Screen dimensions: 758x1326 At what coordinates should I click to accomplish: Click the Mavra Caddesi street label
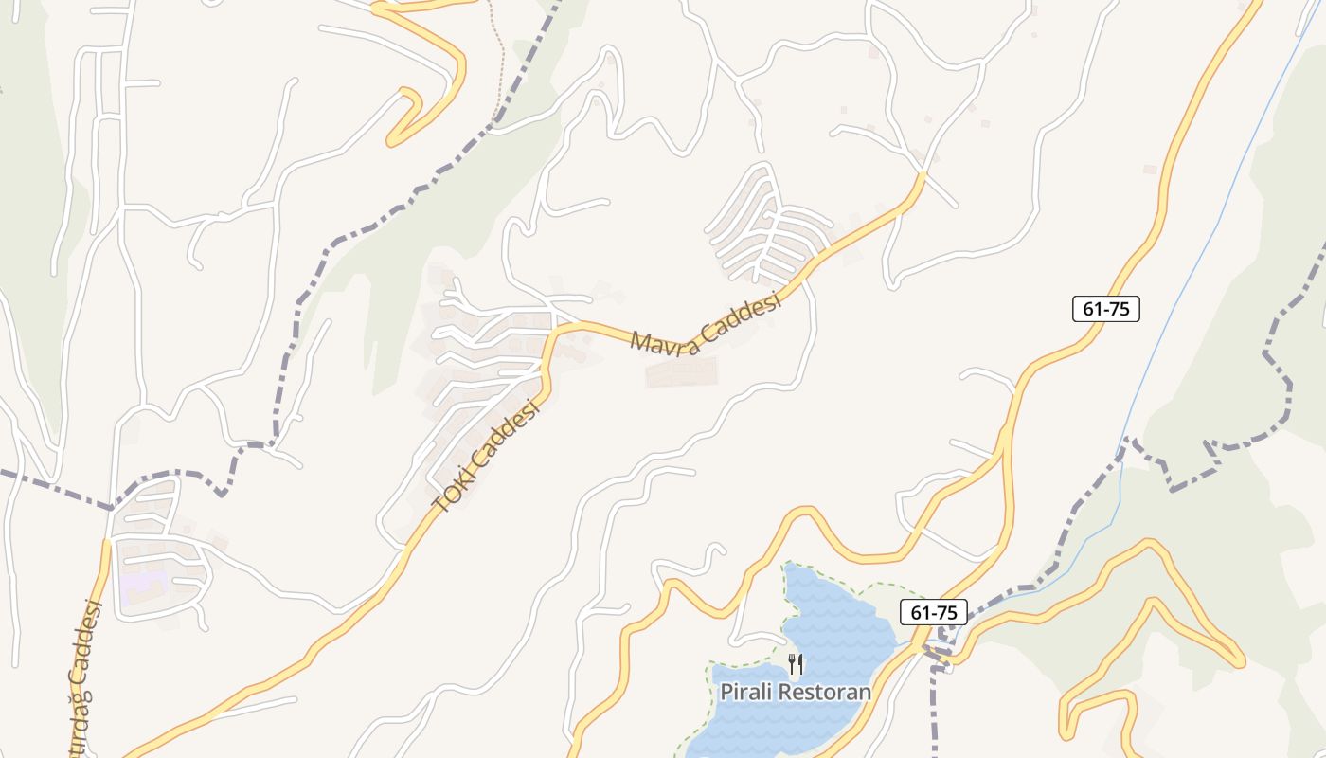pos(706,326)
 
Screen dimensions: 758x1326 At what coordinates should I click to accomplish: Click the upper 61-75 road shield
pos(1105,308)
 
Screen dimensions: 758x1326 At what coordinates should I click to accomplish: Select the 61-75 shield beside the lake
pos(932,612)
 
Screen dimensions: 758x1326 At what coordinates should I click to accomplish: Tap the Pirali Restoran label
pos(796,691)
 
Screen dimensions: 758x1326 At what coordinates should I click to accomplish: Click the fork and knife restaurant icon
pos(796,664)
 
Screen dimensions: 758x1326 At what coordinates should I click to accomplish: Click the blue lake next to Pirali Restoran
pos(833,616)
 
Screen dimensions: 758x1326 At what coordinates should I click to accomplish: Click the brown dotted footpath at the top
pos(496,57)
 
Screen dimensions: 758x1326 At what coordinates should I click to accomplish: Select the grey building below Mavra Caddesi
pos(681,371)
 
